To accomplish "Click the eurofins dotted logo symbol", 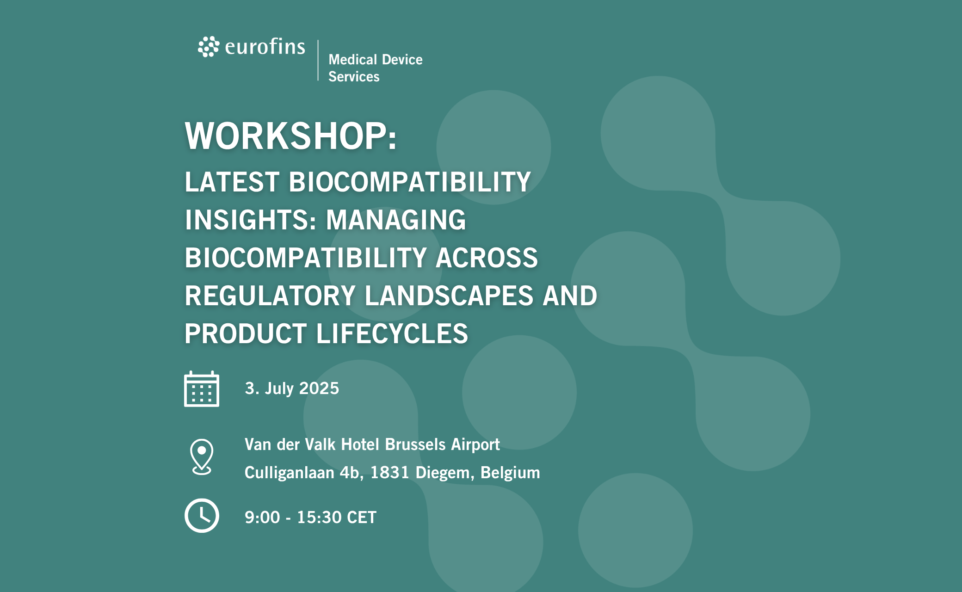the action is click(209, 47).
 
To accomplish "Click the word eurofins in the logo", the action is click(265, 47).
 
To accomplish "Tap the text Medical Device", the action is click(375, 60).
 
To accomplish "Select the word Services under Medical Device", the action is click(354, 77).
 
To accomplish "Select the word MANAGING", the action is click(396, 220).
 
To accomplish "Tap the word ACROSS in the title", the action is click(487, 258).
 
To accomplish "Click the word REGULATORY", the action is click(270, 296).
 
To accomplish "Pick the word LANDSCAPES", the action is click(449, 296).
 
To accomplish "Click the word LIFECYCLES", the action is click(392, 333).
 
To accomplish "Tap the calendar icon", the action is click(202, 389).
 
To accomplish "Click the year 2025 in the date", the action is click(319, 388).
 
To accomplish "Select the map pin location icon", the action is click(202, 457).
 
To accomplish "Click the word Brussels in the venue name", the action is click(415, 444).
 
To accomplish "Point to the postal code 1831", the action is click(390, 473).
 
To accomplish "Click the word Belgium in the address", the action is click(510, 473).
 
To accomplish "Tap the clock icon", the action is click(202, 516).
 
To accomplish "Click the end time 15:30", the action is click(319, 518).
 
